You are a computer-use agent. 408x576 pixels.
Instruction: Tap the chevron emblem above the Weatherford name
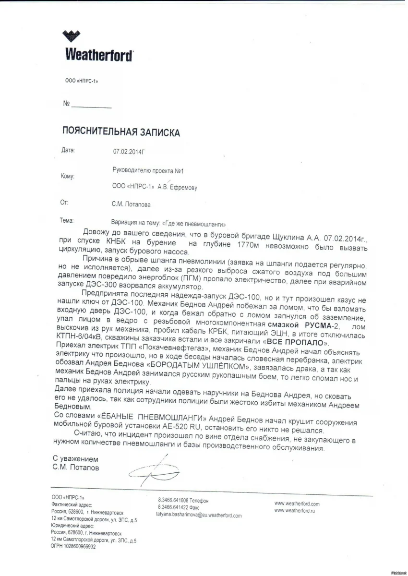pyautogui.click(x=72, y=36)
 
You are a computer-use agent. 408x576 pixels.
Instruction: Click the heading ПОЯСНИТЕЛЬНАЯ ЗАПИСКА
pyautogui.click(x=121, y=132)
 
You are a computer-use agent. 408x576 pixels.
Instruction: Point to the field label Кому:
pyautogui.click(x=68, y=177)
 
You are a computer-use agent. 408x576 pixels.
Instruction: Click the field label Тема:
pyautogui.click(x=67, y=221)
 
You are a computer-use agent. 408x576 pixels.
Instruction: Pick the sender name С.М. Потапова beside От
pyautogui.click(x=131, y=204)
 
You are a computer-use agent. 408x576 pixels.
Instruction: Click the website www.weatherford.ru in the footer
pyautogui.click(x=297, y=511)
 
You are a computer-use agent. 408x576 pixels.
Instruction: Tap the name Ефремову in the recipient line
pyautogui.click(x=180, y=188)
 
